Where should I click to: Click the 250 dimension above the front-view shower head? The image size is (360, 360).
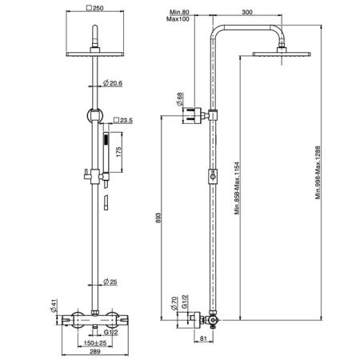coord(95,8)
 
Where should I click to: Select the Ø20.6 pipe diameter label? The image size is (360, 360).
coord(113,83)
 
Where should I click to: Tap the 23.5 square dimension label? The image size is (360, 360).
coord(123,120)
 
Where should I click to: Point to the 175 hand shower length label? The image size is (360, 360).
coord(119,152)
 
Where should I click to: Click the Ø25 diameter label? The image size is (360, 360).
coord(110,282)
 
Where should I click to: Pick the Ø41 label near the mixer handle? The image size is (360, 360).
coord(54,306)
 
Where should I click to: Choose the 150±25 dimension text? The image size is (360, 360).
coord(95,343)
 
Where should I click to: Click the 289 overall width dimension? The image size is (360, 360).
coord(95,351)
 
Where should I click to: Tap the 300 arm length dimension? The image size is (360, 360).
coord(247,12)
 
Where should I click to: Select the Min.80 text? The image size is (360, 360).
coord(179,12)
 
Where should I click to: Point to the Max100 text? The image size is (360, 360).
coord(178,19)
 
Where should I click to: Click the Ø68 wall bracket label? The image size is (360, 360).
coord(181,99)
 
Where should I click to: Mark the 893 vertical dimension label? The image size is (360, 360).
coord(158,218)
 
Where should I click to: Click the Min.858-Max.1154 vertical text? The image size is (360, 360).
coord(238,188)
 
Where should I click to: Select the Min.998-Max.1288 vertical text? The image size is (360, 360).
coord(318,173)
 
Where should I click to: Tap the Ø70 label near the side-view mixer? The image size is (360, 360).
coord(174,303)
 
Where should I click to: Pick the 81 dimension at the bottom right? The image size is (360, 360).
coord(203,338)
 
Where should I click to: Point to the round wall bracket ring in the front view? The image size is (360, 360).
coord(94,115)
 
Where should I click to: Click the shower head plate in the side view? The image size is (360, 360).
coord(282,54)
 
